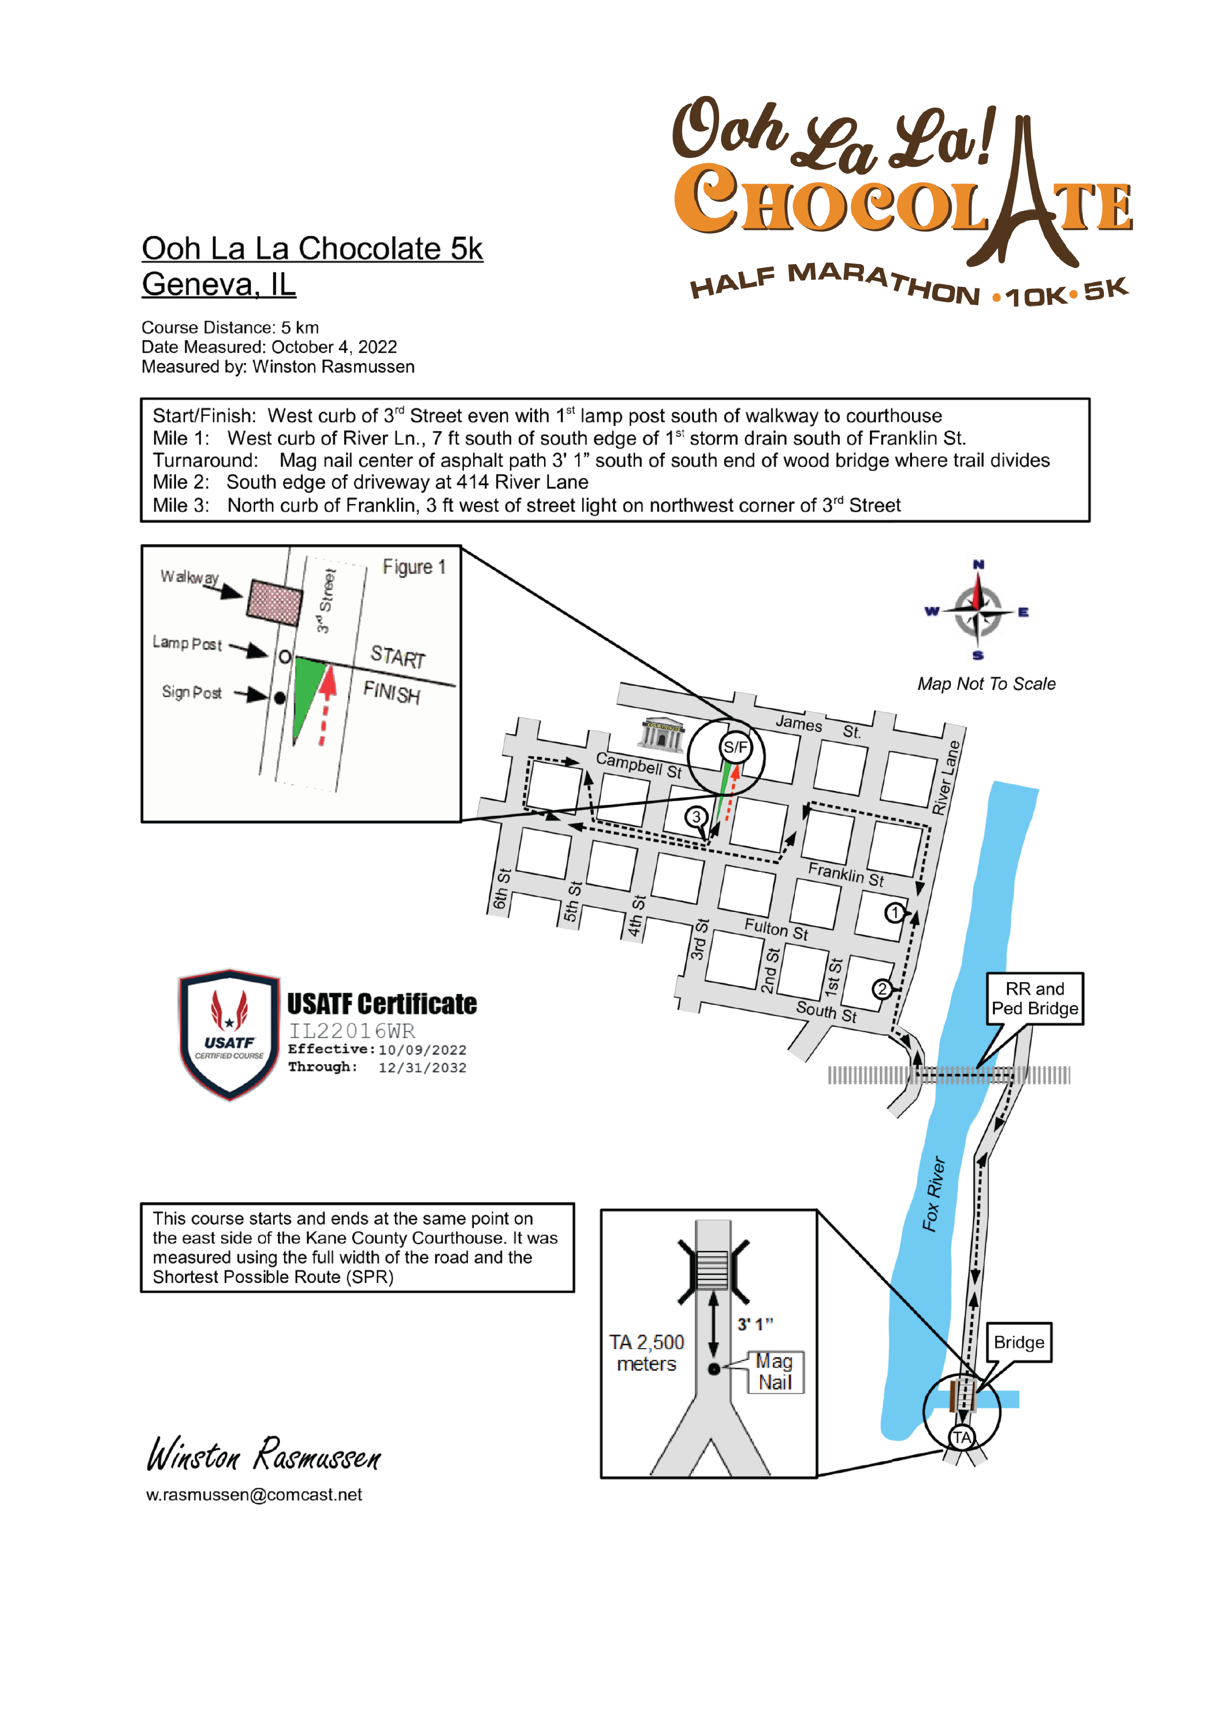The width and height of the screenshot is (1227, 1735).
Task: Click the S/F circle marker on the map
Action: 735,747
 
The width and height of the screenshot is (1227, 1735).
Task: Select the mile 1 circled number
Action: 895,913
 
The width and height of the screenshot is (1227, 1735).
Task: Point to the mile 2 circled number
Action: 882,989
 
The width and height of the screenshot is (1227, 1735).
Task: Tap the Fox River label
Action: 934,1194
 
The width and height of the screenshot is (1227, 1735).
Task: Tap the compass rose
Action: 978,611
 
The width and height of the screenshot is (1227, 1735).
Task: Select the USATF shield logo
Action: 229,1033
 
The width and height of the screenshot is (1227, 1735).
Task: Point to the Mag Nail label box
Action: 775,1371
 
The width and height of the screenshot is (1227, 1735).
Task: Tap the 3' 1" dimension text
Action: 755,1324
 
